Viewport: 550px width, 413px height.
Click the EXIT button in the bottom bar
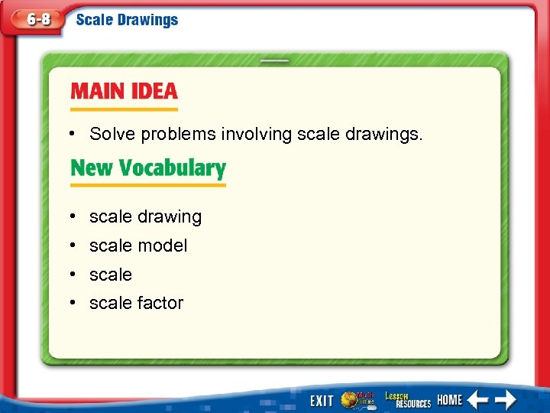(322, 400)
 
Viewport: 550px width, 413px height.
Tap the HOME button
(450, 400)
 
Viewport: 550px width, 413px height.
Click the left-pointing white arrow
(478, 399)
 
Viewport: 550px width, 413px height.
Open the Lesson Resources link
(407, 399)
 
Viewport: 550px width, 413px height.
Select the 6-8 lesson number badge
(38, 20)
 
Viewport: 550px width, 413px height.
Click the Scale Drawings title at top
(127, 20)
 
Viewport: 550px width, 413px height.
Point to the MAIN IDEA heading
(124, 92)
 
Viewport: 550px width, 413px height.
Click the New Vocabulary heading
(148, 168)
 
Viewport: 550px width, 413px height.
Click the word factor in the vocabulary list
(160, 303)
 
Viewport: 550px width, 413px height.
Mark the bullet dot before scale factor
(70, 303)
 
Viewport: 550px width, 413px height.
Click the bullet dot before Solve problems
(70, 135)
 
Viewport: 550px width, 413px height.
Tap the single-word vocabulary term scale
(111, 275)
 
